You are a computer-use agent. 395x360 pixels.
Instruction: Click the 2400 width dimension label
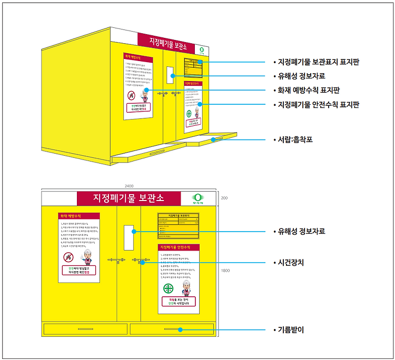tap(129, 186)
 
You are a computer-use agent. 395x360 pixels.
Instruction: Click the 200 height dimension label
tap(224, 198)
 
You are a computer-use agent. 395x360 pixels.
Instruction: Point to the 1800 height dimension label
tap(225, 271)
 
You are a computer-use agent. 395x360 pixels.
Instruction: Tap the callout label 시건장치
tap(291, 262)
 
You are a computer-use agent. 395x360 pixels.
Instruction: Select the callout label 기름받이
tap(291, 330)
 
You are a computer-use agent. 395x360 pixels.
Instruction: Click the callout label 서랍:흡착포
tap(298, 140)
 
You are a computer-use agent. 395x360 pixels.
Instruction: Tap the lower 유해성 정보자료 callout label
tap(301, 231)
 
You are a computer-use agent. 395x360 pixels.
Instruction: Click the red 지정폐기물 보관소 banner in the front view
tap(129, 198)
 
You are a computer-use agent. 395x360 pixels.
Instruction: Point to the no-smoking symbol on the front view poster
tap(68, 257)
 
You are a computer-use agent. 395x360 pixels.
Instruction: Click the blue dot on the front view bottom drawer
tap(180, 330)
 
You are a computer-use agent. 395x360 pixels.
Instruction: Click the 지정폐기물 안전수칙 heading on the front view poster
tap(179, 247)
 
